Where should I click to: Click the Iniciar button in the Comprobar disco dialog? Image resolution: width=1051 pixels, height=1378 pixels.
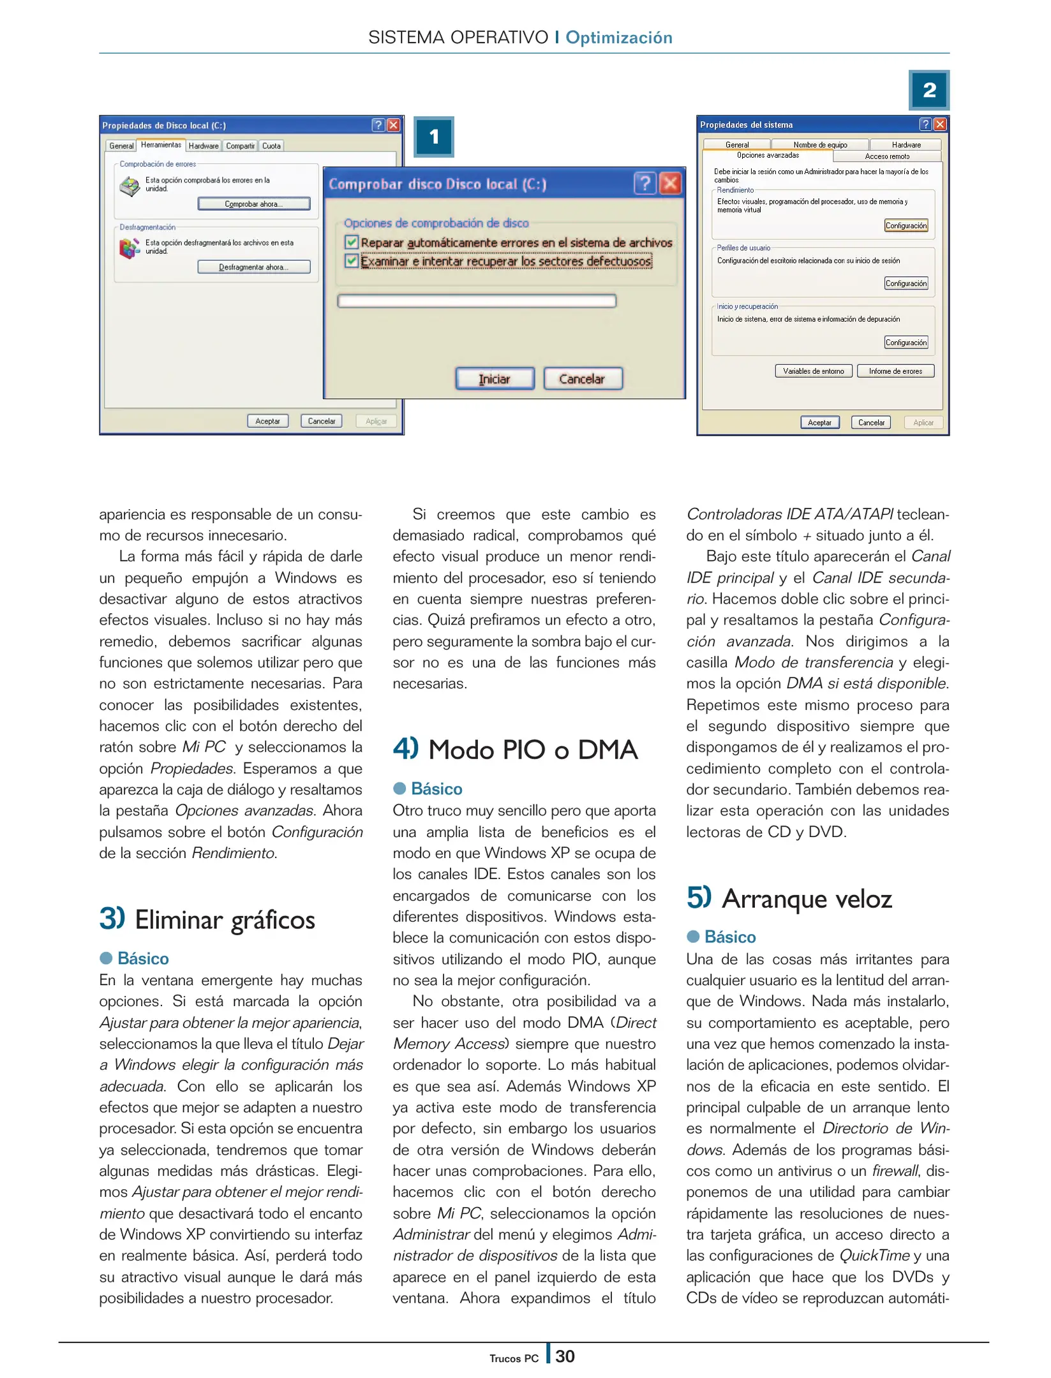pos(495,379)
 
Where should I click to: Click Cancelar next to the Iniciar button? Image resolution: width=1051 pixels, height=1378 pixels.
pos(582,379)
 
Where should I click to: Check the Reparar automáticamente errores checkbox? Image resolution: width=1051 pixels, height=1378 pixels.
pos(351,242)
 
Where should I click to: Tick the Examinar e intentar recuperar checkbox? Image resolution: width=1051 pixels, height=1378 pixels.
pos(351,261)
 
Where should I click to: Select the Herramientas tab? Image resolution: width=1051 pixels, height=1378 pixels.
pos(161,145)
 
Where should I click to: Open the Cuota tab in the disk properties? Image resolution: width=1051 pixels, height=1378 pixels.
pos(271,146)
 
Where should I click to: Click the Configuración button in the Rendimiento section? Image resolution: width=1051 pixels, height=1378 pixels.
pos(906,226)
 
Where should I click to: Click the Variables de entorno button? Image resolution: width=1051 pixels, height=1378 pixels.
pos(813,371)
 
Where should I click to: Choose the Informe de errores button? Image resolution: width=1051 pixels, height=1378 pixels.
pos(895,371)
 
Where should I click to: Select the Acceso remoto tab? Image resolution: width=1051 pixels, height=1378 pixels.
pos(887,156)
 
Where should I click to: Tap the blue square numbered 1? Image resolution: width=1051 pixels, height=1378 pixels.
pos(434,137)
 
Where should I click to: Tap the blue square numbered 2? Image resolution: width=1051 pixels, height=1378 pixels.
pos(929,90)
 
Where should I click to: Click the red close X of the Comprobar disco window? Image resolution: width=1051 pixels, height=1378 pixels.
pos(670,184)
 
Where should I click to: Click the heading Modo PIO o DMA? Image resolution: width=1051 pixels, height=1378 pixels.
pos(532,750)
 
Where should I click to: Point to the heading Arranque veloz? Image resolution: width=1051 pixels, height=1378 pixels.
pos(807,899)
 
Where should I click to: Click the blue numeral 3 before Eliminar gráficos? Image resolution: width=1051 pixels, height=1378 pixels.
pos(110,919)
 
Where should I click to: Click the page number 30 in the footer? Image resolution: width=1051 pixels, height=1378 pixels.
pos(565,1356)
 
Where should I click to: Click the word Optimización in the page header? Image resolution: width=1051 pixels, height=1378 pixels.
pos(618,38)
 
